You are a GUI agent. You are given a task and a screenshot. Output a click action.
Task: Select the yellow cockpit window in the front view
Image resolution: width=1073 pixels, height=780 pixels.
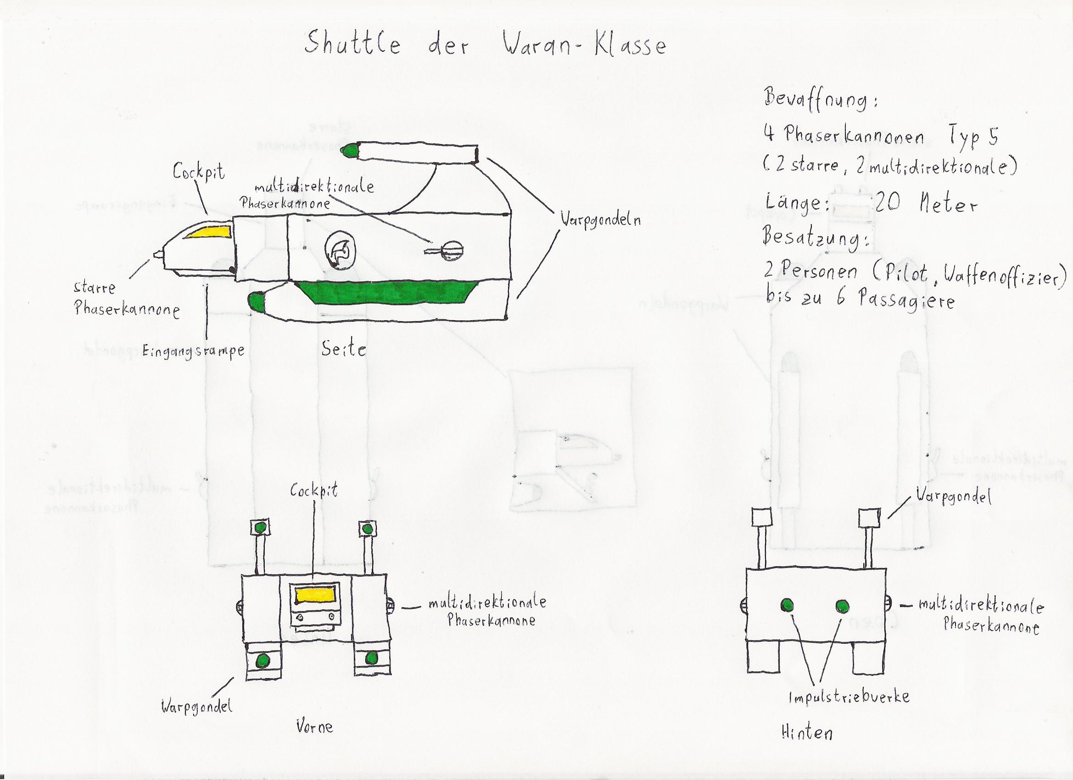[x=315, y=596]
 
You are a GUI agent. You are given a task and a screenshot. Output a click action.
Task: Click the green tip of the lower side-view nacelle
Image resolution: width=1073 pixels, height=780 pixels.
[x=257, y=301]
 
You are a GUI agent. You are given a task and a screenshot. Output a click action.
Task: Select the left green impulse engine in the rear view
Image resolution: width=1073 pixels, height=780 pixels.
[x=787, y=605]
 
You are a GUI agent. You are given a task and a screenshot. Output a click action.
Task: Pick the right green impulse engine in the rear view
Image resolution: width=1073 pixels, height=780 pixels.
[x=843, y=606]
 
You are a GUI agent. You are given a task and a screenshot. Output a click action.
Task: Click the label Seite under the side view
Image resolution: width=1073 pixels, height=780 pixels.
[x=344, y=349]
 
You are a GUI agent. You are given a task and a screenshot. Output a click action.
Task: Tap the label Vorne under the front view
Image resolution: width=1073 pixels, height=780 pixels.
[x=315, y=726]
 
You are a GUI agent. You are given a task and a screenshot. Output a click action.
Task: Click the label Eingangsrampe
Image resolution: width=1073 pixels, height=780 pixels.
[x=194, y=351]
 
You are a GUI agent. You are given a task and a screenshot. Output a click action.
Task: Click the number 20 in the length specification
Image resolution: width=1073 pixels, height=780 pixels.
[x=887, y=203]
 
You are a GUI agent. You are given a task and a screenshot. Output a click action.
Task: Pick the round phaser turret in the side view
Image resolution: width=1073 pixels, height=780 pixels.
[x=453, y=250]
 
